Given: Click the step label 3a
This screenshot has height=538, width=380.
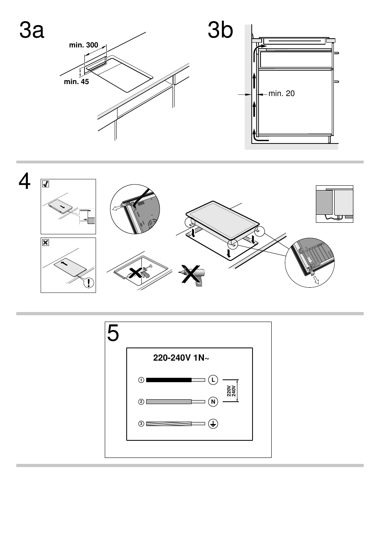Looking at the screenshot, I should tap(31, 31).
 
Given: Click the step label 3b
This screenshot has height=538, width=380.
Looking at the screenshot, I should tap(220, 31).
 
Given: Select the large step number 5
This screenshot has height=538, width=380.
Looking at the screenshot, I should tap(113, 333).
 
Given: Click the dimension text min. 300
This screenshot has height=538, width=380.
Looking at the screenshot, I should tap(83, 45).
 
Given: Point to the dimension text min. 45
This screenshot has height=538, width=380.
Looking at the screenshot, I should tap(76, 82).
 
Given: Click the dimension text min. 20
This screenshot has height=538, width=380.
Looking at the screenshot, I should tap(281, 94).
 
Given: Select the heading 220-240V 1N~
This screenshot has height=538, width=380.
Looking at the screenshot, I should tap(181, 358).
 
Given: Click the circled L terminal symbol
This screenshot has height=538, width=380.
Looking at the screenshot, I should tap(213, 380).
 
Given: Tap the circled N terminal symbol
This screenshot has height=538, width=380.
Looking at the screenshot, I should tap(213, 402).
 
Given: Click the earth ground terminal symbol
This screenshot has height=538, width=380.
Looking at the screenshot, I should tap(213, 424).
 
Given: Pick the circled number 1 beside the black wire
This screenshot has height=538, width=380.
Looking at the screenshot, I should tap(141, 380).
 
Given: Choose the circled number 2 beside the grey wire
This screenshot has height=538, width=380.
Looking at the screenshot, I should tap(141, 402).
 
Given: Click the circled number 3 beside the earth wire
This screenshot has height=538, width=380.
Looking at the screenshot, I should tap(141, 424).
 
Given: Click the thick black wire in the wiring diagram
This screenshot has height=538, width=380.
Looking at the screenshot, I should tap(169, 380).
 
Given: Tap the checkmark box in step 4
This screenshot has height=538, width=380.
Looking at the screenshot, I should tap(46, 184).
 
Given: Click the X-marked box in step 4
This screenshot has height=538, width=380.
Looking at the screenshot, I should tap(46, 242).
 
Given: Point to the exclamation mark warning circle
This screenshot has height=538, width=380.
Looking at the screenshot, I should tap(89, 283).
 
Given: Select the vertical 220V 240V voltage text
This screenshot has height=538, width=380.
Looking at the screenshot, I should tap(231, 391).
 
